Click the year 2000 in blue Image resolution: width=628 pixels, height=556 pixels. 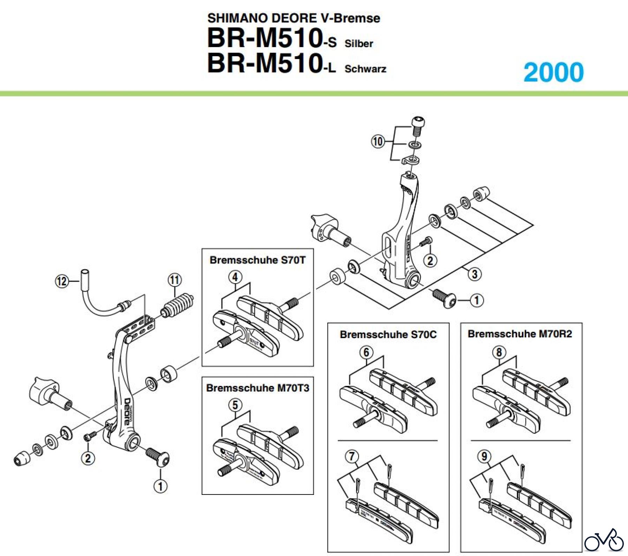[554, 72]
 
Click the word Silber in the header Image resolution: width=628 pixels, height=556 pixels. [359, 44]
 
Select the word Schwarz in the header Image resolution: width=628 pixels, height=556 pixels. [365, 68]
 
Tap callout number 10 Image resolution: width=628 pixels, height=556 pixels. [377, 141]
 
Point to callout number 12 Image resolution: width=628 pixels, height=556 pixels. [62, 281]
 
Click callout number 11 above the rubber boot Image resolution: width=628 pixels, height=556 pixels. [175, 280]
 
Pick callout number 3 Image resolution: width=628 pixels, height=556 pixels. [474, 274]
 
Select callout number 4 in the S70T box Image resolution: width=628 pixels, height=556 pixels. [235, 277]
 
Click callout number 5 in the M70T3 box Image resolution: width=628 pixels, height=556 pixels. [235, 405]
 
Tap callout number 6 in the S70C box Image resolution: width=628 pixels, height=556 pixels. [366, 352]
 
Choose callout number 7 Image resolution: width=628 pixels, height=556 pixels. [352, 456]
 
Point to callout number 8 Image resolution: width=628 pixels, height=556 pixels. [499, 352]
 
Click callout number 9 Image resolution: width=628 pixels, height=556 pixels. [484, 456]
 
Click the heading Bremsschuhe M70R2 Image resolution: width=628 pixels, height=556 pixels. [520, 334]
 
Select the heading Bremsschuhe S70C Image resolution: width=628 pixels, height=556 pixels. [388, 335]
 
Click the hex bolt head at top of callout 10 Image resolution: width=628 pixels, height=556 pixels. [418, 123]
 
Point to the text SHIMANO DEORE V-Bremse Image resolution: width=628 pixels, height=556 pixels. [293, 18]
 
